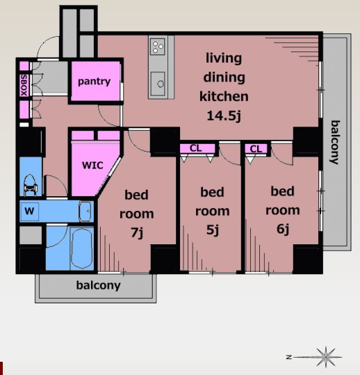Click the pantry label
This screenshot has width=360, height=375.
[94, 82]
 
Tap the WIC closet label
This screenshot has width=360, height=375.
[92, 166]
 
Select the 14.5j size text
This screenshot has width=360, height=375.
[224, 116]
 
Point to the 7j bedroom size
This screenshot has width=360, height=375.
[137, 232]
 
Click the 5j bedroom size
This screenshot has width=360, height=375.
[213, 230]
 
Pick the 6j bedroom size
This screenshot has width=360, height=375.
[283, 229]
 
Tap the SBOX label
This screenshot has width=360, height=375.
[24, 86]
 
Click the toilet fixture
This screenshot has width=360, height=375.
[31, 185]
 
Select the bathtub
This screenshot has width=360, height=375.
[82, 249]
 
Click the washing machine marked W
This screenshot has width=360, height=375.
[29, 212]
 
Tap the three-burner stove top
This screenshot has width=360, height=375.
[158, 47]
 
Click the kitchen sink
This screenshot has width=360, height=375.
[158, 83]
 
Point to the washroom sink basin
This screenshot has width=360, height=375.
[85, 212]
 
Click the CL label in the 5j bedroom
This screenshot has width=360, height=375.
[196, 148]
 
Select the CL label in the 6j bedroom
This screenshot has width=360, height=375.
[256, 149]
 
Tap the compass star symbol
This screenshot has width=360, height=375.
[326, 357]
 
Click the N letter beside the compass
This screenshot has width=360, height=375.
[289, 358]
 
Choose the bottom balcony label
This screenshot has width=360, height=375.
[98, 285]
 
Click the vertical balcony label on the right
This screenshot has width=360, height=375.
[335, 143]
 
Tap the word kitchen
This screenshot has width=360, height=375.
[224, 97]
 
